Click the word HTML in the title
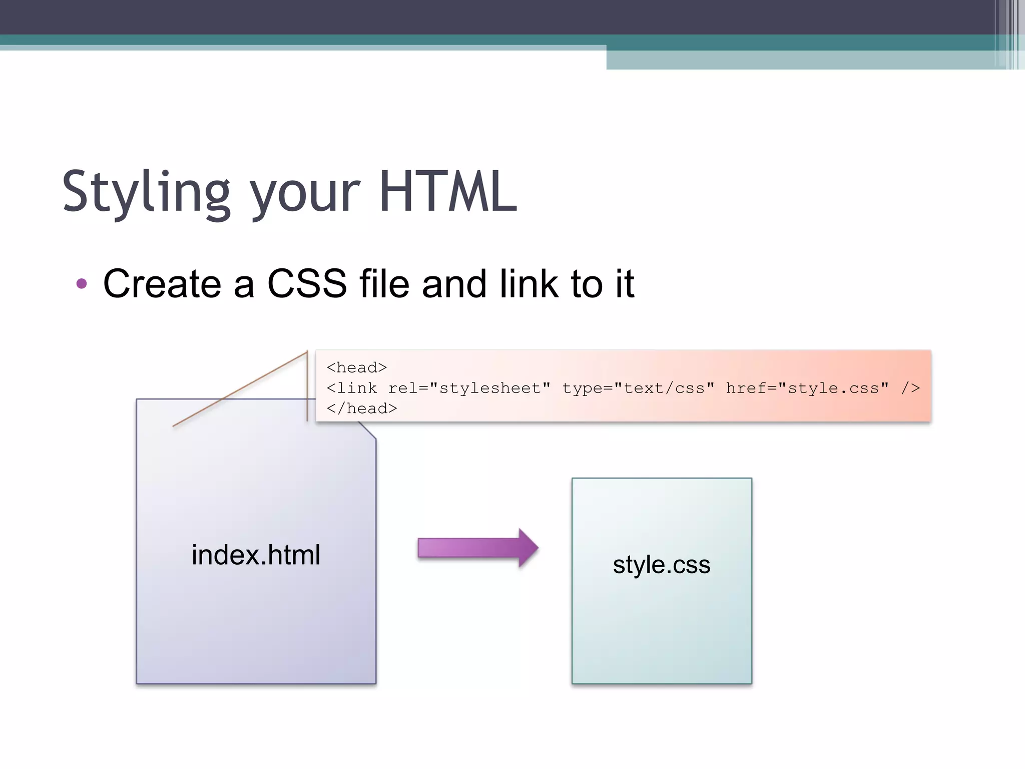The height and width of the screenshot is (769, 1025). [448, 192]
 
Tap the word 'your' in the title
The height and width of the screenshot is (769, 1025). [305, 195]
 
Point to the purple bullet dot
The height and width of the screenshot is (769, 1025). [82, 284]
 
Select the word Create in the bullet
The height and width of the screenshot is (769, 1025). [162, 284]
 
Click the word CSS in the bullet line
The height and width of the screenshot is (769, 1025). [307, 284]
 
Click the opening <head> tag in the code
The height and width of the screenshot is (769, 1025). [356, 368]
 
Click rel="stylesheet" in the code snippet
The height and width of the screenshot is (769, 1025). [469, 389]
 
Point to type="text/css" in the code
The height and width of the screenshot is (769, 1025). [638, 389]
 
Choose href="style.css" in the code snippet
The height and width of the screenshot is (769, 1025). [807, 389]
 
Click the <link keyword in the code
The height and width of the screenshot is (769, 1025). [351, 389]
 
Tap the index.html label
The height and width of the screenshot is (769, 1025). [256, 555]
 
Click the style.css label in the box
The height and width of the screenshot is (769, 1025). [661, 565]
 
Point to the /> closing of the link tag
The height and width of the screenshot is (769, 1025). [910, 389]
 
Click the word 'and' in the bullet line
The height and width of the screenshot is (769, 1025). [454, 284]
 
